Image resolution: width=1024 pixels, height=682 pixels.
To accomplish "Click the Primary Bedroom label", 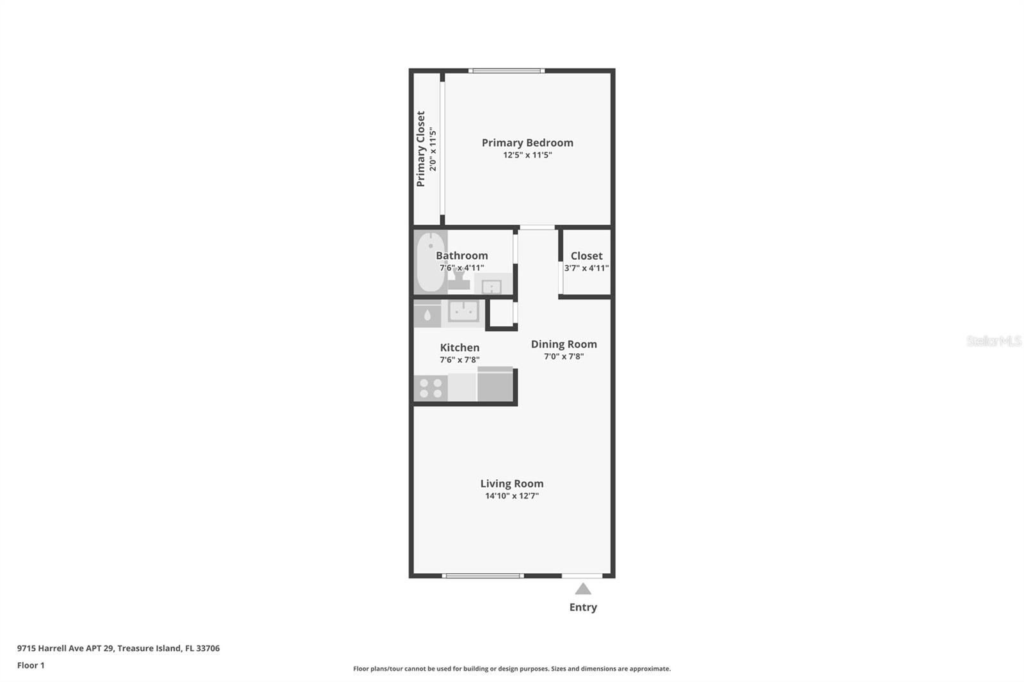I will point(527,143).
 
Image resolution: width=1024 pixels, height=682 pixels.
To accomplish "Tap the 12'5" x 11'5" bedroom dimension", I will point(527,155).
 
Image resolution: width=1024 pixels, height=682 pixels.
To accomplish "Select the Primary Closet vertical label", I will point(420,149).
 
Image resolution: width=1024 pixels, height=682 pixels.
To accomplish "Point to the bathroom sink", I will point(492,287).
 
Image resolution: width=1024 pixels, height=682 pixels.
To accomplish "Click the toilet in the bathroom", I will point(458,280).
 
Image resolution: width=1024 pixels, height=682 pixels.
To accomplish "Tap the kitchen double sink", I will point(463,312).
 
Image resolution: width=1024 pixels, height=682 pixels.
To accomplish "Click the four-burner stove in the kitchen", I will point(430,388).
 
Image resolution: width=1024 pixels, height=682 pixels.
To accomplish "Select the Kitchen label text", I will point(460,347).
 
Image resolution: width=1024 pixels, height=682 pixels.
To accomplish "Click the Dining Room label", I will point(564,344).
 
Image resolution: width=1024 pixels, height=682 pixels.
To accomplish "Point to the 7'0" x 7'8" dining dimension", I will point(564,356).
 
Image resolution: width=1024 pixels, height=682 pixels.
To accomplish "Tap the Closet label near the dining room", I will point(586,256).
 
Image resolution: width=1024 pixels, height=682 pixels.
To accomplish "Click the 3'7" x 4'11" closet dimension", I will point(586,268).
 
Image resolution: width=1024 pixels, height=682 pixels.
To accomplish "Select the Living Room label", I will point(512,484).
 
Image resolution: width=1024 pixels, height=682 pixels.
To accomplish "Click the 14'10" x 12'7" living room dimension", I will point(512,496).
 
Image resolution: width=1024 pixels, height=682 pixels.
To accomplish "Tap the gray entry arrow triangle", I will point(582,589).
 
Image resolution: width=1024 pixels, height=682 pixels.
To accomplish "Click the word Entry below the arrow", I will point(583,607).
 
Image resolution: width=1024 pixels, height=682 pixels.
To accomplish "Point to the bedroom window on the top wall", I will point(506,70).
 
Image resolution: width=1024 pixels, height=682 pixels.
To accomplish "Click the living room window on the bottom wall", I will point(483,576).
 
